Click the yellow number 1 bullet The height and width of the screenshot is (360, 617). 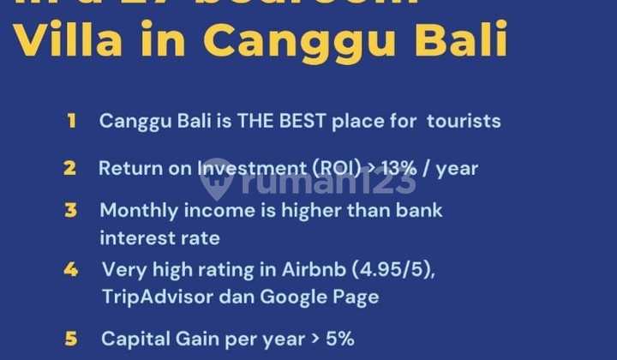coord(71,121)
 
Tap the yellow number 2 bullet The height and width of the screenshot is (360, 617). coord(69,168)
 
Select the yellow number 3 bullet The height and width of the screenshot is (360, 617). coord(70,210)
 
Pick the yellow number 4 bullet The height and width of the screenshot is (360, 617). coord(70,270)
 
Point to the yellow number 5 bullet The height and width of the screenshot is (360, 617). coord(71,338)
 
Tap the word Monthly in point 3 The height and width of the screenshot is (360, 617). coord(136,210)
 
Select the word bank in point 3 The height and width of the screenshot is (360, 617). coord(420,210)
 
